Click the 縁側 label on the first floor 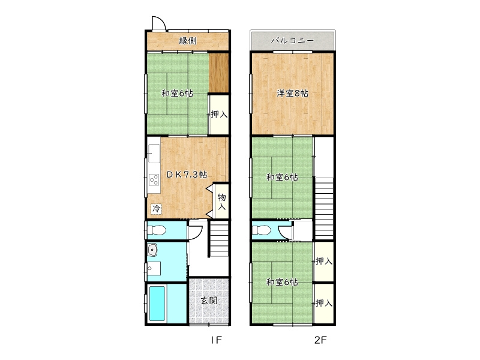point(188,41)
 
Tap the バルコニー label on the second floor point(293,41)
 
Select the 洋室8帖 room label point(292,93)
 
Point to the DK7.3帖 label point(187,175)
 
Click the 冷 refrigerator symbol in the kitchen point(156,209)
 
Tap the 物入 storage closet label point(221,201)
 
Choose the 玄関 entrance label point(209,301)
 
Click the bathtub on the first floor point(157,303)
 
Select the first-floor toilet point(156,230)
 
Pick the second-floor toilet point(261,230)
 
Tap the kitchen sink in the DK point(154,154)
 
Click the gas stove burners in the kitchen point(154,179)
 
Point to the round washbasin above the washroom point(152,250)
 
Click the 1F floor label point(216,340)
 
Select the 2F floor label point(320,340)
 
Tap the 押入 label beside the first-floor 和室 point(219,115)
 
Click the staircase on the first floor point(219,239)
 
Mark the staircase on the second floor point(324,208)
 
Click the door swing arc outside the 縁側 point(161,20)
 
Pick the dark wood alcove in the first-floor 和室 point(219,73)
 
